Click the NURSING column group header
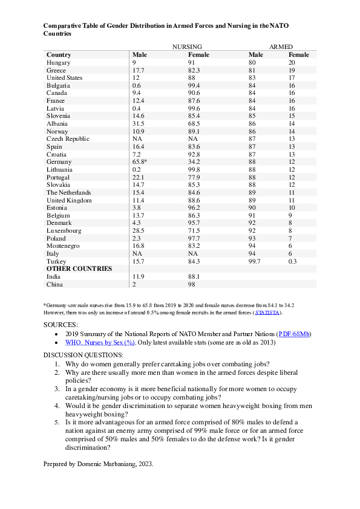click(187, 47)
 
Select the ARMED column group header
click(280, 47)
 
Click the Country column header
click(59, 54)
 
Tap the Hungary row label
click(59, 62)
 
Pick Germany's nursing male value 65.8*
click(141, 161)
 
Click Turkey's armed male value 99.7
click(256, 261)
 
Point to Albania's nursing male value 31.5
click(139, 123)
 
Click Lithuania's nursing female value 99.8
click(195, 169)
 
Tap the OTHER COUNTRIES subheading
click(79, 268)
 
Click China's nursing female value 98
click(192, 284)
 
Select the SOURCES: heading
click(61, 325)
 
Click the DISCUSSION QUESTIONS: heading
click(83, 354)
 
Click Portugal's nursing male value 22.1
click(139, 177)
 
